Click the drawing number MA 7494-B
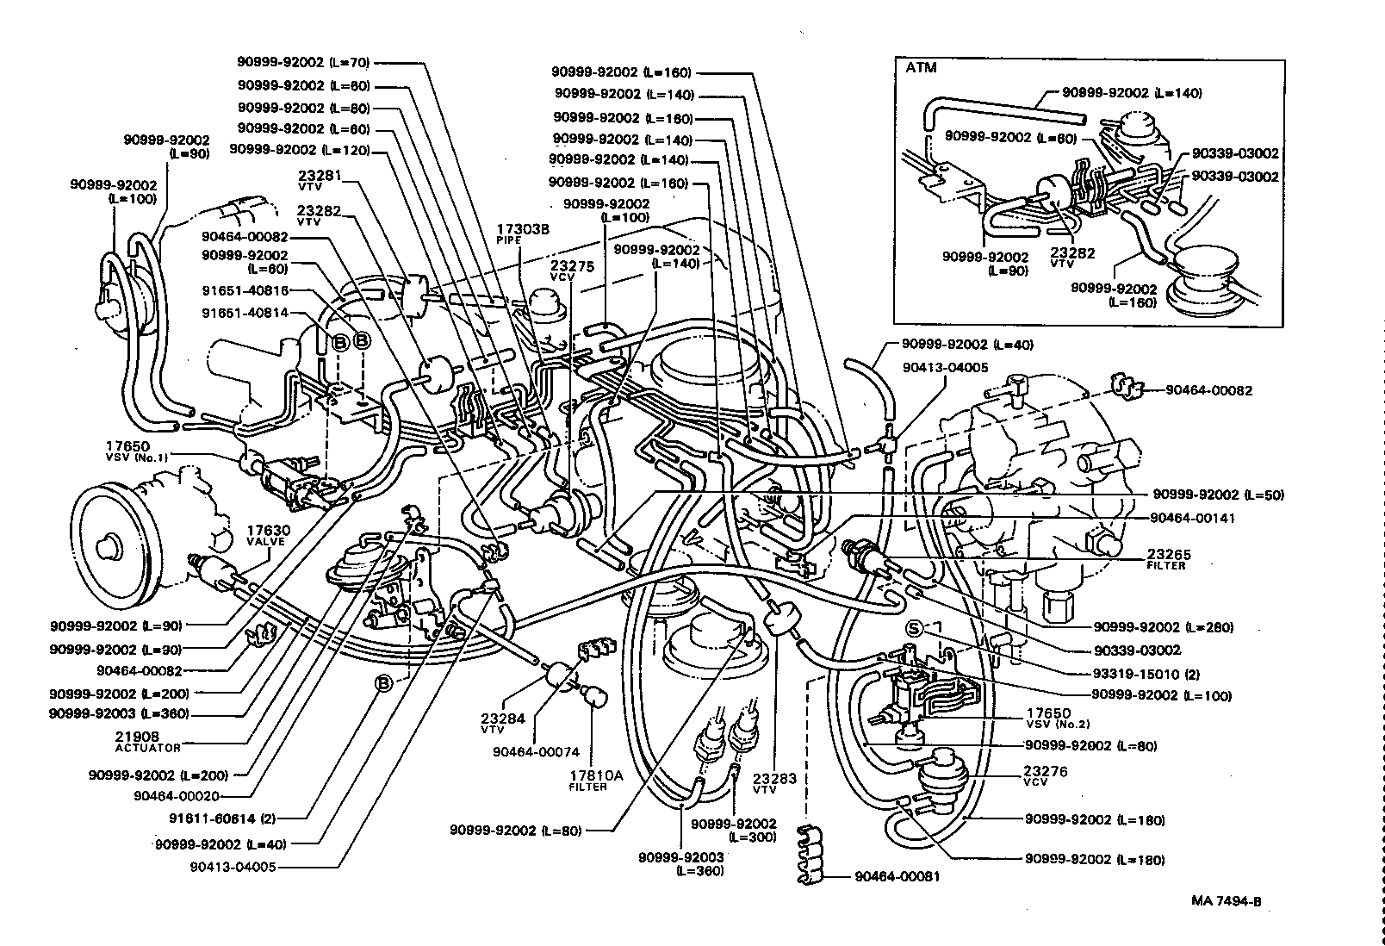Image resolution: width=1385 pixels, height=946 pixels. coord(1227,901)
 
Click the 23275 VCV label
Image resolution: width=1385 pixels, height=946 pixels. coord(573,271)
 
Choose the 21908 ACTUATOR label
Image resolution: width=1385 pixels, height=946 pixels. coord(147,742)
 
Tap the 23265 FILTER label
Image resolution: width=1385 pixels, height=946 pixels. coord(1168,559)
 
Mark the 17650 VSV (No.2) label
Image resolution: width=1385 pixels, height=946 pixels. coord(1048,717)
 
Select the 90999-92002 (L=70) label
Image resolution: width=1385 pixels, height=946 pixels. coord(303,62)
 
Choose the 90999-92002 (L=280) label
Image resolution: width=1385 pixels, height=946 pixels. coord(1163,627)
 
